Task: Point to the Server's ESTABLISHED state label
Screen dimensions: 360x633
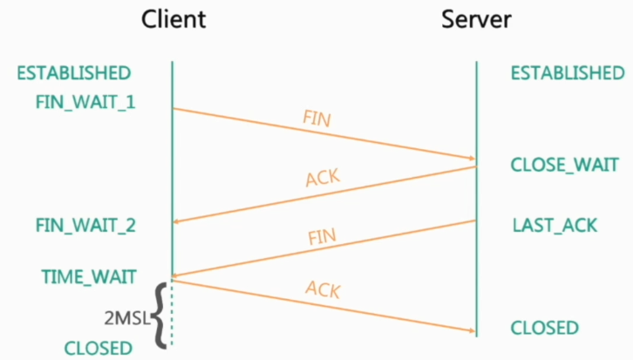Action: [x=568, y=72]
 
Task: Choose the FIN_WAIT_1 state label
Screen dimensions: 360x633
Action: [x=85, y=102]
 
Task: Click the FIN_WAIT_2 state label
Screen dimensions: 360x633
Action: [x=85, y=226]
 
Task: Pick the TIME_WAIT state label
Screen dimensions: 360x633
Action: [x=89, y=277]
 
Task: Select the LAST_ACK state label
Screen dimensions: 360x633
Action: [x=555, y=226]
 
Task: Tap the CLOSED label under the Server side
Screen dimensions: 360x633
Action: [x=545, y=329]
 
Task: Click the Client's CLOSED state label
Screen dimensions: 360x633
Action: [x=98, y=348]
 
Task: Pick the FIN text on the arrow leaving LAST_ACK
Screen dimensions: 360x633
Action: [x=323, y=237]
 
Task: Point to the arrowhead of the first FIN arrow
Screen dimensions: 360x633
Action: [x=471, y=158]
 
